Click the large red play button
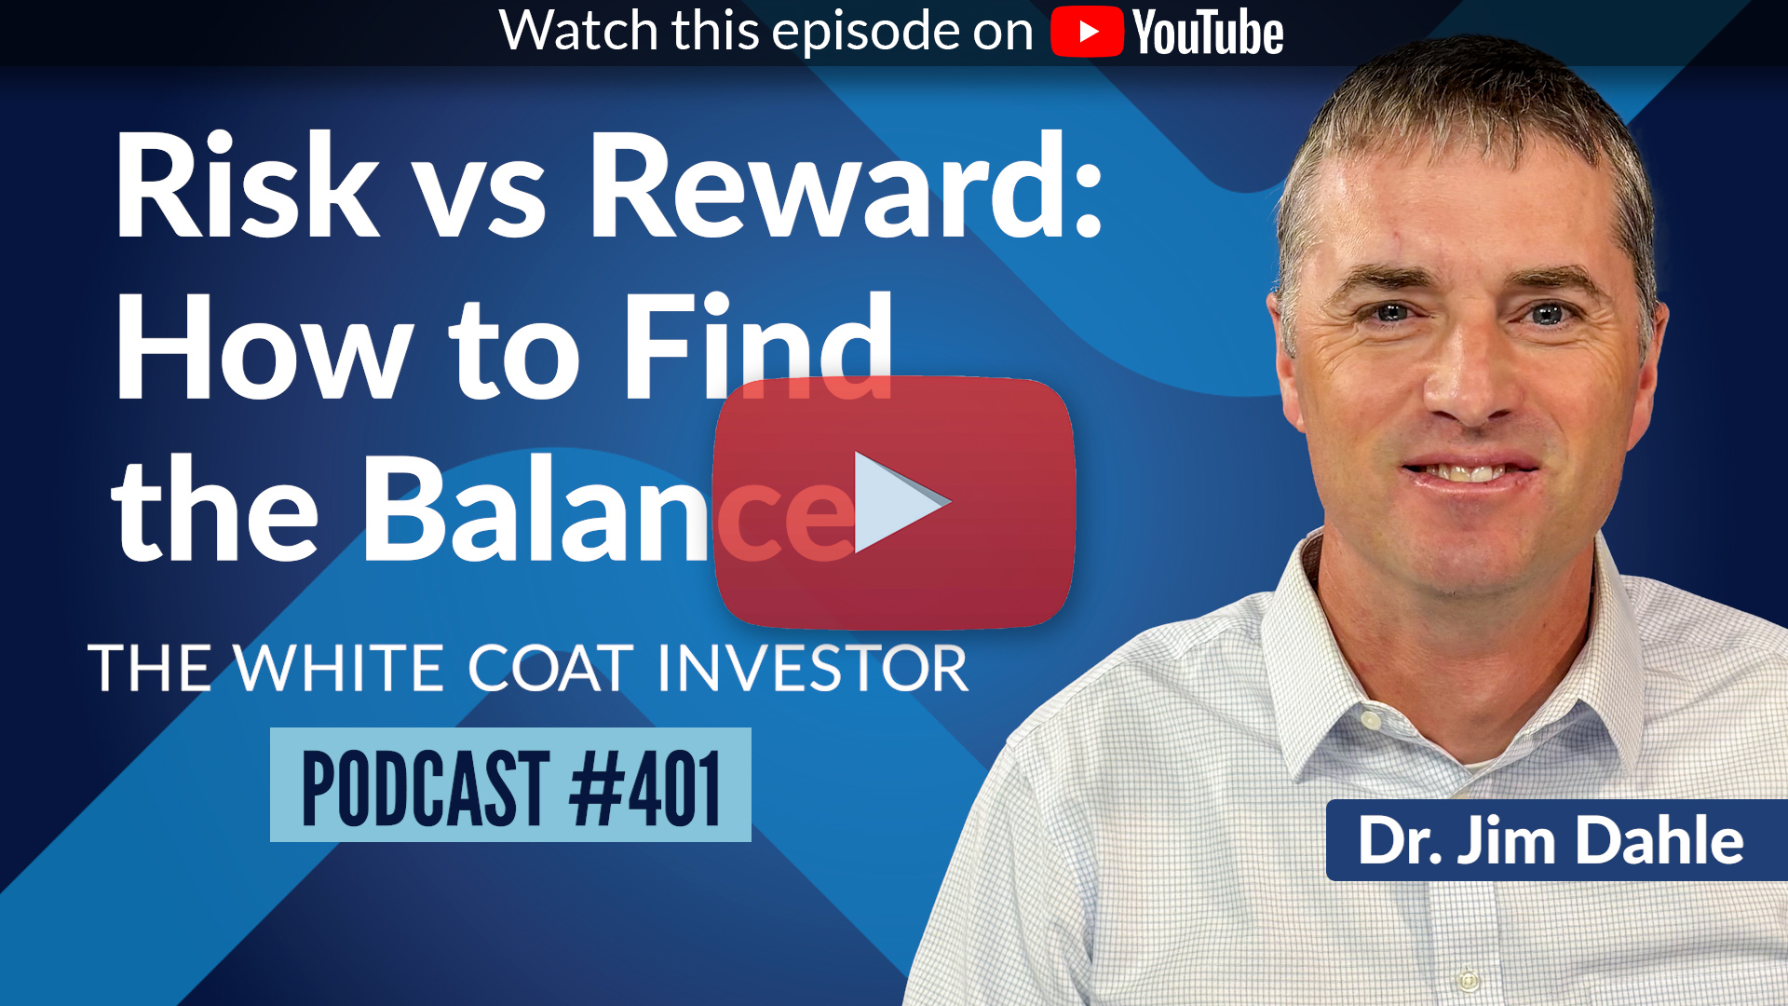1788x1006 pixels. click(x=894, y=503)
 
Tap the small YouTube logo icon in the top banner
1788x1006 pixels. click(x=1087, y=32)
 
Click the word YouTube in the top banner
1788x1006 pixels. click(x=1208, y=33)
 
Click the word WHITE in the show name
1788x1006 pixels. click(x=339, y=668)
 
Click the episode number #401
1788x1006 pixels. click(x=645, y=788)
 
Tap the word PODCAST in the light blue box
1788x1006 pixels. click(x=426, y=788)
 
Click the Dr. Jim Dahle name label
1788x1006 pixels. click(x=1551, y=840)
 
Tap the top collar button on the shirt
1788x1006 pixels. click(x=1370, y=720)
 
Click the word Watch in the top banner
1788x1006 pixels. click(x=579, y=30)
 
